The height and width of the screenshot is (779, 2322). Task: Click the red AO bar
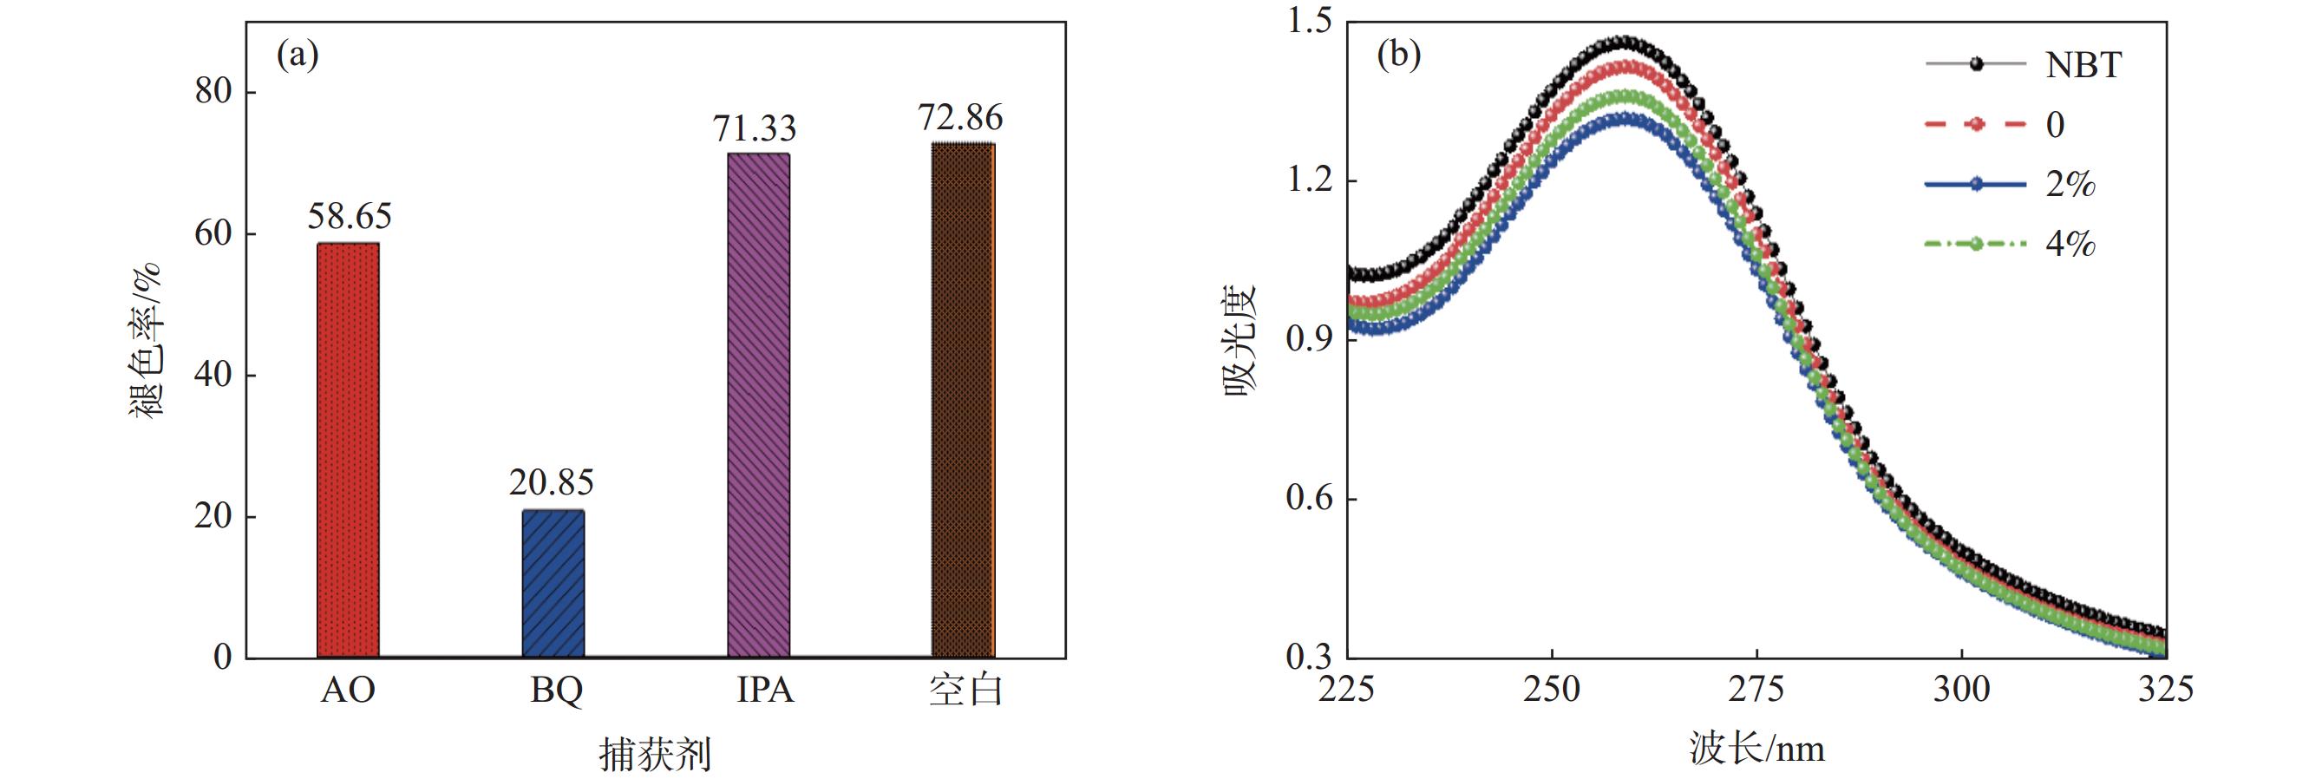348,450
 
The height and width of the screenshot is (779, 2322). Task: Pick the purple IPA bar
758,405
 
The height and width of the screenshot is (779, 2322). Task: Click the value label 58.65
350,216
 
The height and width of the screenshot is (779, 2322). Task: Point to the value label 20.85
551,483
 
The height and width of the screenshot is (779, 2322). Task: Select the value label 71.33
755,129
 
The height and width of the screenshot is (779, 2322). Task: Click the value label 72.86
960,118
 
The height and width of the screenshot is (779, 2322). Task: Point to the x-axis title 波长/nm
1756,750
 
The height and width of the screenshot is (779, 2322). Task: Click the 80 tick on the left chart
213,92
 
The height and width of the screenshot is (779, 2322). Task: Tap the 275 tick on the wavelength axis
1756,690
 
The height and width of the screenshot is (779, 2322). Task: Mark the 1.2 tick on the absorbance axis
1309,180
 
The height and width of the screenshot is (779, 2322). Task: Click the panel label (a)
298,56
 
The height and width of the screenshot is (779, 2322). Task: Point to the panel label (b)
1399,56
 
